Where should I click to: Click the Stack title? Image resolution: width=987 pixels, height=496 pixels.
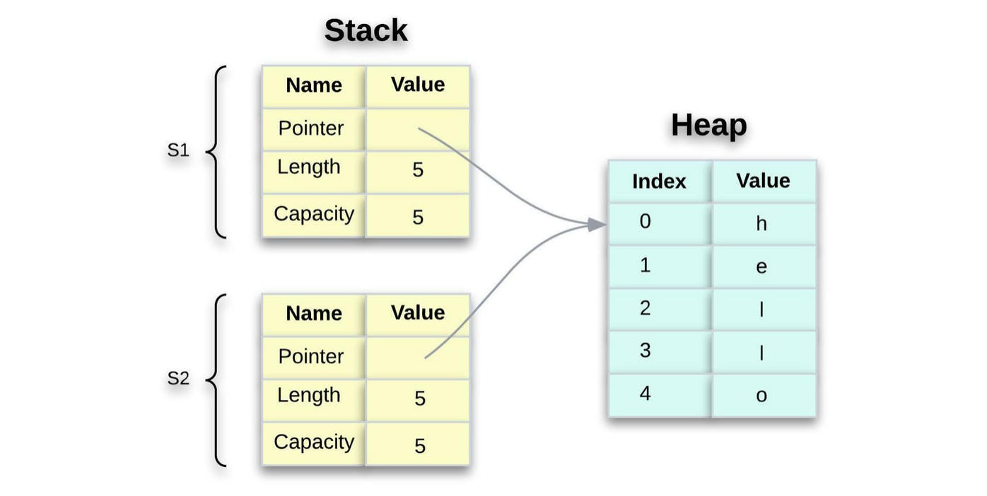(x=366, y=31)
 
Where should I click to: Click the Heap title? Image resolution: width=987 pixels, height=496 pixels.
(x=708, y=125)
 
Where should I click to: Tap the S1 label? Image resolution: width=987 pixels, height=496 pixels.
(x=178, y=150)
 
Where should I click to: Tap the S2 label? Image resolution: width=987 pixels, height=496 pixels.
(x=178, y=379)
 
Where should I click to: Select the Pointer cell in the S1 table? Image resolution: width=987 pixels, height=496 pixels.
(x=311, y=129)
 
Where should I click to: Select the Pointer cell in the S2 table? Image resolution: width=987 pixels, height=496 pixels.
(x=311, y=357)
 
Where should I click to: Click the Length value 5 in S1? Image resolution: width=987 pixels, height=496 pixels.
(x=418, y=170)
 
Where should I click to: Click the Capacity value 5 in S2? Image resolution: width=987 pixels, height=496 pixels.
(x=420, y=446)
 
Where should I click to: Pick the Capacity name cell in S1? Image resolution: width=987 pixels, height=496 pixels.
(x=314, y=214)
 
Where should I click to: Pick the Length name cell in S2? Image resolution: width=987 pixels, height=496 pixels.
(x=309, y=396)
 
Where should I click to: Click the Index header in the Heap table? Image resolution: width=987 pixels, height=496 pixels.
(x=659, y=182)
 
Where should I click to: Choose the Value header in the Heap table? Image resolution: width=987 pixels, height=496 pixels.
(x=763, y=181)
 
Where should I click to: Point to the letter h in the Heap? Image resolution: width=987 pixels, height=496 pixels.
(x=761, y=224)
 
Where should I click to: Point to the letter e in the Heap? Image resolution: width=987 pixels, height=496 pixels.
(x=761, y=267)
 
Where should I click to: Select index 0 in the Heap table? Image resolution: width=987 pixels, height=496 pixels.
(x=645, y=222)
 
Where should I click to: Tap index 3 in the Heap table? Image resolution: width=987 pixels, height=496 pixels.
(x=645, y=350)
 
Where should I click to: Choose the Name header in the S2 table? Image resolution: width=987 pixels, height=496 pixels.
(x=314, y=314)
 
